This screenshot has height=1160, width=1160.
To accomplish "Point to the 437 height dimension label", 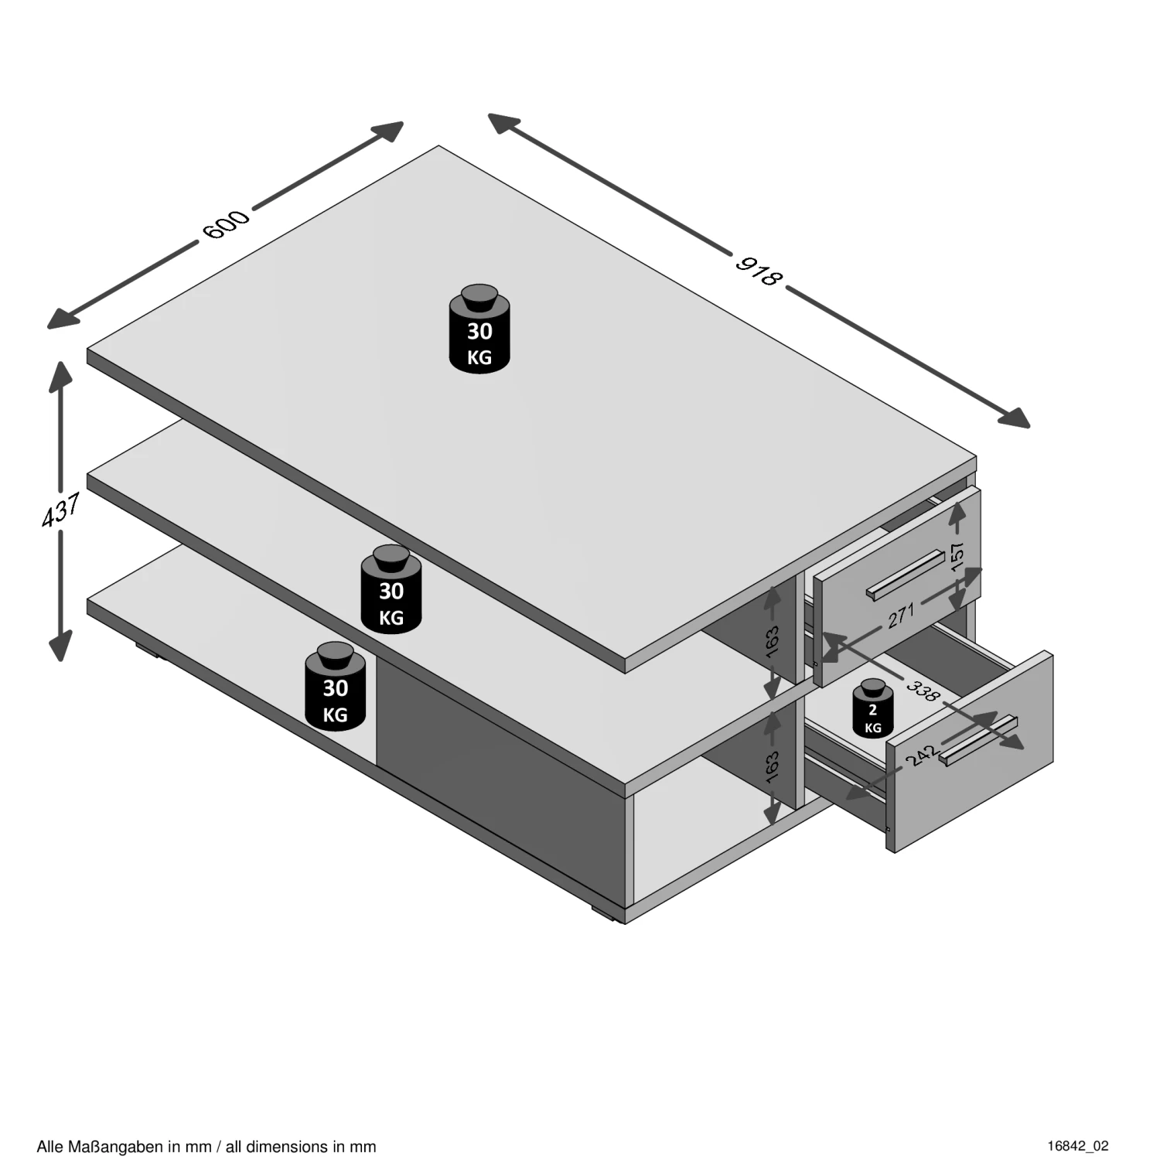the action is pos(61,510).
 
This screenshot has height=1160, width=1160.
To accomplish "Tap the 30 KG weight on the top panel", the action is pos(479,329).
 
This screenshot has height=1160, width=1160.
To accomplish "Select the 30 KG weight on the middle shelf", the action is pos(391,589).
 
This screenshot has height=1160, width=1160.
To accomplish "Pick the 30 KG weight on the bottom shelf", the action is pos(335,686).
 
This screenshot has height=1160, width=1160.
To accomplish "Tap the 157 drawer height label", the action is pos(957,557).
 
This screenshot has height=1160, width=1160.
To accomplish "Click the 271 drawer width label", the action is pos(901,616).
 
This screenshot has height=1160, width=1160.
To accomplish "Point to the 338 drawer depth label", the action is pos(923,691).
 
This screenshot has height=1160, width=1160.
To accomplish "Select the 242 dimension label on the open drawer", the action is pos(922,754).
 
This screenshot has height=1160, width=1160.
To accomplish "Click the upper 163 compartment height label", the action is pos(772,642).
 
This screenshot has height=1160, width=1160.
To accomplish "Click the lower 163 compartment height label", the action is pos(772,766).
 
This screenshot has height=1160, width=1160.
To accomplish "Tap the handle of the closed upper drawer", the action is pos(906,575).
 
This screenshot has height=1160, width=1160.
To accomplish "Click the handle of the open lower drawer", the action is pos(978,741).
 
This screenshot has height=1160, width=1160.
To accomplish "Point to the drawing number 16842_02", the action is pos(1078,1146).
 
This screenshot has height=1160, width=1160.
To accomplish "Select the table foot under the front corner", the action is pos(608,913).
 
